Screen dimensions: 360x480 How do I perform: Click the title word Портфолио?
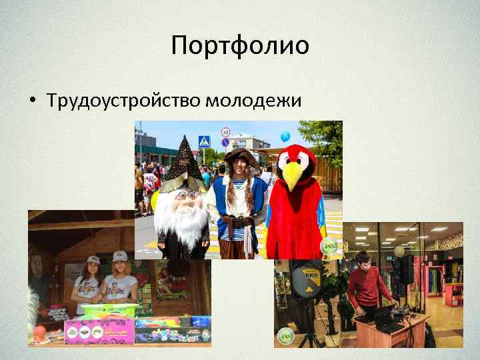coord(240,46)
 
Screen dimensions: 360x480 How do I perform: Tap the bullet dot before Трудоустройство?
coord(32,101)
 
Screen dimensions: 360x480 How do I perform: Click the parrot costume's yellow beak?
coord(295,175)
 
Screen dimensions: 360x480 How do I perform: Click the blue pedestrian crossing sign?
coord(204,141)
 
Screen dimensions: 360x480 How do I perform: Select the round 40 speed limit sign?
coord(225,132)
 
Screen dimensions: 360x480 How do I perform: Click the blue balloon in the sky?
coord(285,136)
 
